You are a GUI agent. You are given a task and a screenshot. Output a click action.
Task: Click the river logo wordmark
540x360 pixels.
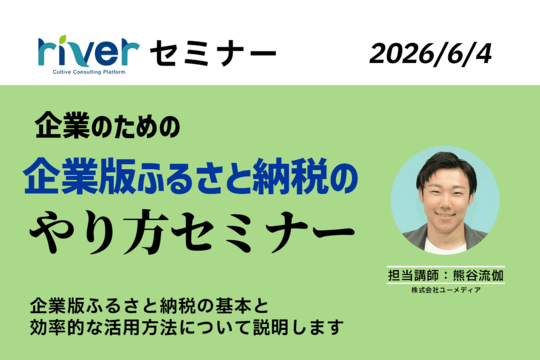point(88,51)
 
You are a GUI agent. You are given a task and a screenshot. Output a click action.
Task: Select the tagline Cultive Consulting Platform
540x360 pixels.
point(89,72)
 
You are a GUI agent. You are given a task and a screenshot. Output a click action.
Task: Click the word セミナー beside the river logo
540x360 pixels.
point(213,53)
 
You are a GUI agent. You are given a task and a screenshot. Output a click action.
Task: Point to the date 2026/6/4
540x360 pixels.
point(430,54)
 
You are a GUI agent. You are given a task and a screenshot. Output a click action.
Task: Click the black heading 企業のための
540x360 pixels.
point(107,125)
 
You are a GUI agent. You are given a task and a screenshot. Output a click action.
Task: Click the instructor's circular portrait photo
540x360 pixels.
point(444,200)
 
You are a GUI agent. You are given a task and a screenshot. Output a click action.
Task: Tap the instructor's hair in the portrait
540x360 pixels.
point(446,168)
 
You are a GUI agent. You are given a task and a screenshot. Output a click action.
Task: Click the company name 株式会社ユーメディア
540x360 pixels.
point(446,290)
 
